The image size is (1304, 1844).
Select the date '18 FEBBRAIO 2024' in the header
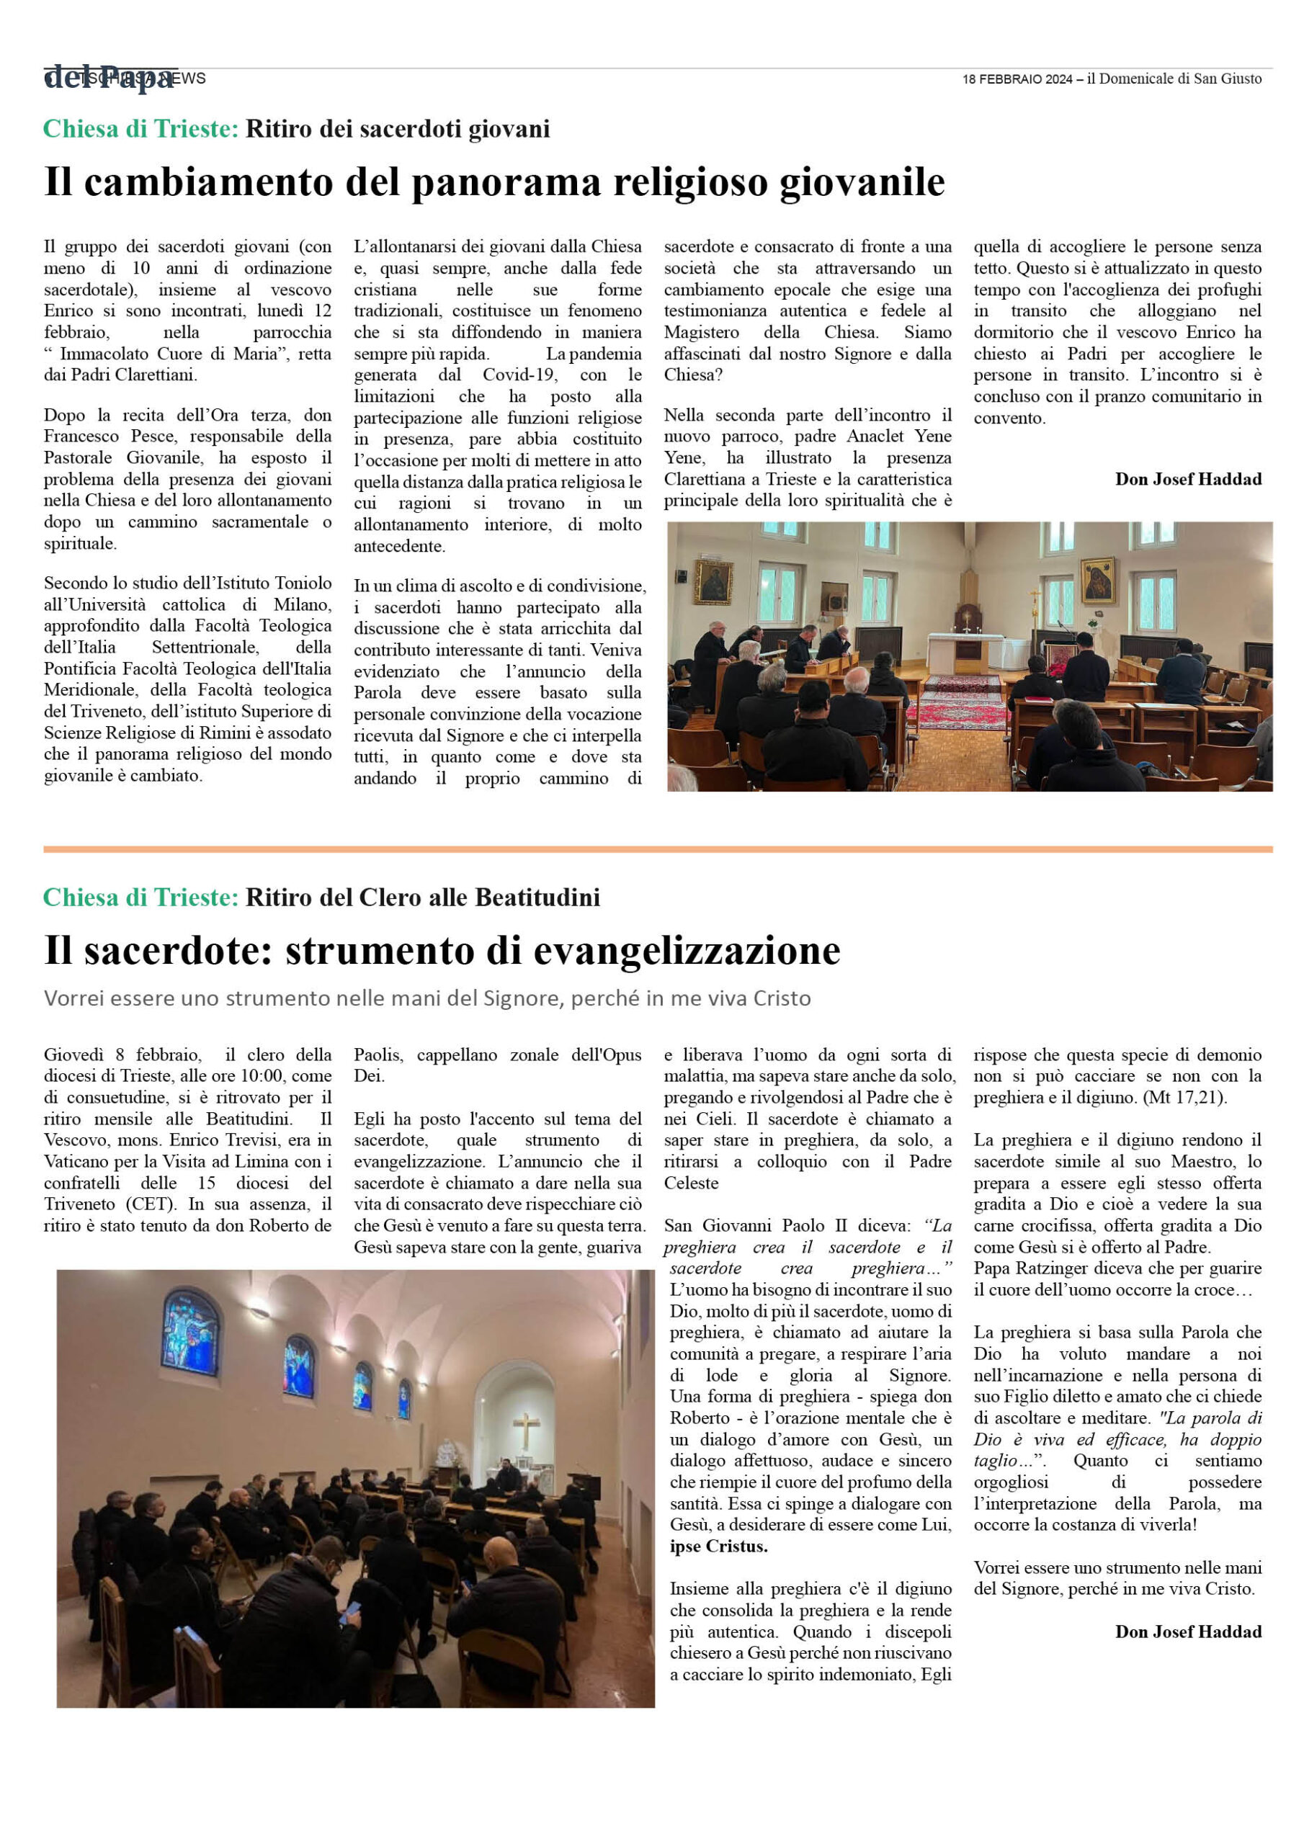click(x=1017, y=79)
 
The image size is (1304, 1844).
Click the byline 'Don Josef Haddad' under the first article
click(x=1187, y=479)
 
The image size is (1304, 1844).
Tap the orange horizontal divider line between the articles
click(x=657, y=849)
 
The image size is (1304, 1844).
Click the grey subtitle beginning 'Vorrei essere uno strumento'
click(x=427, y=998)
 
